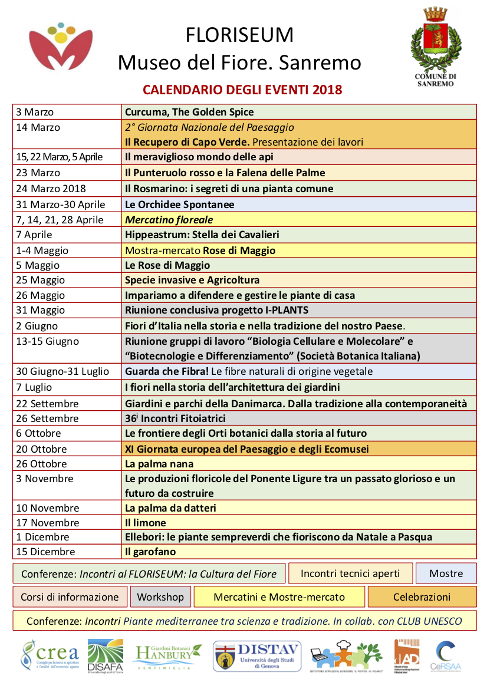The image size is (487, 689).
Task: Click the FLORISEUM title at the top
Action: click(239, 35)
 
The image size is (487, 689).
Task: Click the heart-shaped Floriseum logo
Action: click(61, 48)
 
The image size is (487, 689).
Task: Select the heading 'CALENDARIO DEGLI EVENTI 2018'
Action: click(242, 90)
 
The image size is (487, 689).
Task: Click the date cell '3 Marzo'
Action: click(35, 112)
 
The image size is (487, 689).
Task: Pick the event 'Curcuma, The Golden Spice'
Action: click(189, 112)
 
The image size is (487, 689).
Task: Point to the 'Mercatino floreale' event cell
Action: click(169, 220)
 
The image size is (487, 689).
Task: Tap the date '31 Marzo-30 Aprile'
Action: click(61, 205)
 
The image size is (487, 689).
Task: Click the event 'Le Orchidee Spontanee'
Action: click(179, 205)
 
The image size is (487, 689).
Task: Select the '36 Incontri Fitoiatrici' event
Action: click(175, 418)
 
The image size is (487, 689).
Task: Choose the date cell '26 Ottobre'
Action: click(41, 464)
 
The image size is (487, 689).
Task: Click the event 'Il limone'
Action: click(145, 523)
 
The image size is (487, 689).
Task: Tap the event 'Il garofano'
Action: click(150, 552)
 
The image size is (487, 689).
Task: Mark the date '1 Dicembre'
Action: click(43, 537)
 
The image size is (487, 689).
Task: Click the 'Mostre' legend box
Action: click(446, 573)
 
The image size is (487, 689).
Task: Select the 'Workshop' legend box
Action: click(160, 597)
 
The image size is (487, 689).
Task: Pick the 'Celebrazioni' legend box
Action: click(422, 597)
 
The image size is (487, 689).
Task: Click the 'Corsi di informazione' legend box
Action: click(70, 597)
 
